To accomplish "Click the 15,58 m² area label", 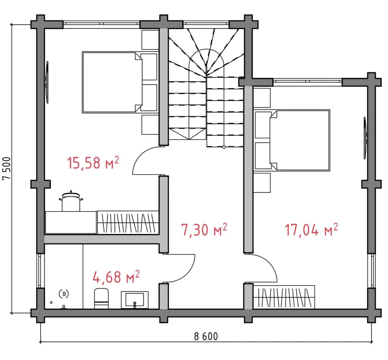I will (x=93, y=163).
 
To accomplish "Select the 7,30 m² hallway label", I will (x=204, y=229).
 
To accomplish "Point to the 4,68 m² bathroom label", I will (x=116, y=277).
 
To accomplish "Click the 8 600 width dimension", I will (x=206, y=336).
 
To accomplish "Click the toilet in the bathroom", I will (x=101, y=298).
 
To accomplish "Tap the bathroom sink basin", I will (x=135, y=299).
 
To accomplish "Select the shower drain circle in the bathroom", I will (x=64, y=293).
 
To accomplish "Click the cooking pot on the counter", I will (x=71, y=202).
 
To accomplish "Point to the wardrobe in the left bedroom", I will (x=128, y=222).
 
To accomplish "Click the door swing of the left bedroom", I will (x=146, y=161).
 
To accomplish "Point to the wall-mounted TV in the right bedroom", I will (x=365, y=138).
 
